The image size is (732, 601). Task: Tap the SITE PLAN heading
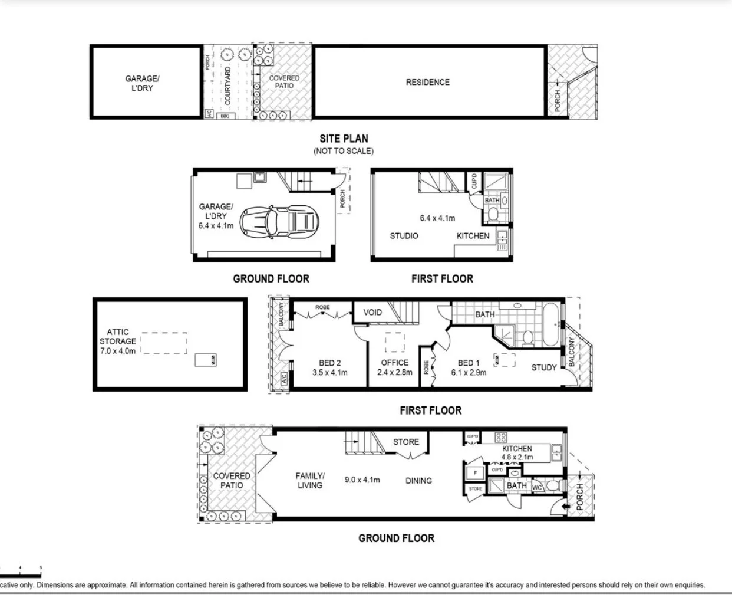tap(344, 139)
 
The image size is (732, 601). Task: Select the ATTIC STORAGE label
tap(118, 341)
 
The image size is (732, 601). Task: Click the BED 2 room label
tap(330, 363)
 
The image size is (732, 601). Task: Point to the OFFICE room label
tap(395, 363)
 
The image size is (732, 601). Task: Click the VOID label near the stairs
tap(372, 313)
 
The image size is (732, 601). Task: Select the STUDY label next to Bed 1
tap(543, 367)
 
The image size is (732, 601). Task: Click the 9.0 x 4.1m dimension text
tap(362, 480)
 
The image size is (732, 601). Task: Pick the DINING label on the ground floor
tap(418, 481)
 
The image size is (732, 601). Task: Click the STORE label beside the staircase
tap(406, 442)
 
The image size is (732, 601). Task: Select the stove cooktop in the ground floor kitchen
tap(501, 438)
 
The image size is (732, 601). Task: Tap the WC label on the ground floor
tap(536, 488)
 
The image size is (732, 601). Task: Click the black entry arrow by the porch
tap(564, 506)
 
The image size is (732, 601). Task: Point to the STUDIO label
tap(404, 236)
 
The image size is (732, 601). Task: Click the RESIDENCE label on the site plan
tap(427, 83)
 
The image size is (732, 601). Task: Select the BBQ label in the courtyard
tap(225, 116)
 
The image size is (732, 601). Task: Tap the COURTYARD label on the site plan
tap(228, 86)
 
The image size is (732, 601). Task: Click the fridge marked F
tap(475, 473)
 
